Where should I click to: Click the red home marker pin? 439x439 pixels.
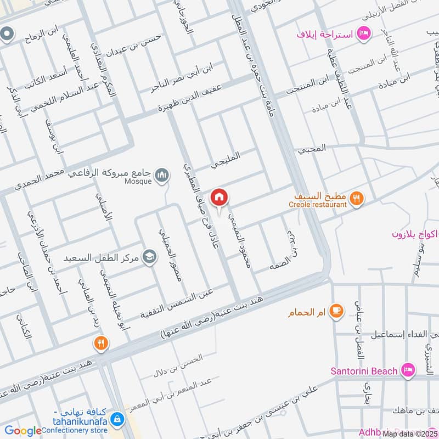tap(219, 196)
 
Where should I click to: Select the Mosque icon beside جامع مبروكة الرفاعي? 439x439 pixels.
tap(161, 176)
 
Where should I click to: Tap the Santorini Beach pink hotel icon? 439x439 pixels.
tap(407, 371)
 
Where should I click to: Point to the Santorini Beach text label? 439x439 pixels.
tap(363, 371)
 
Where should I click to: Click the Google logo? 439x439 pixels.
tap(23, 431)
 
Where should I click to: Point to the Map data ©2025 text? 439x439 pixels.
tap(410, 434)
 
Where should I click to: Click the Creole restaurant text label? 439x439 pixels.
tap(317, 205)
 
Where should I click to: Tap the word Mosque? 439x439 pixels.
tap(137, 182)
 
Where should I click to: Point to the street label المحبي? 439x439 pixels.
tap(312, 149)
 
